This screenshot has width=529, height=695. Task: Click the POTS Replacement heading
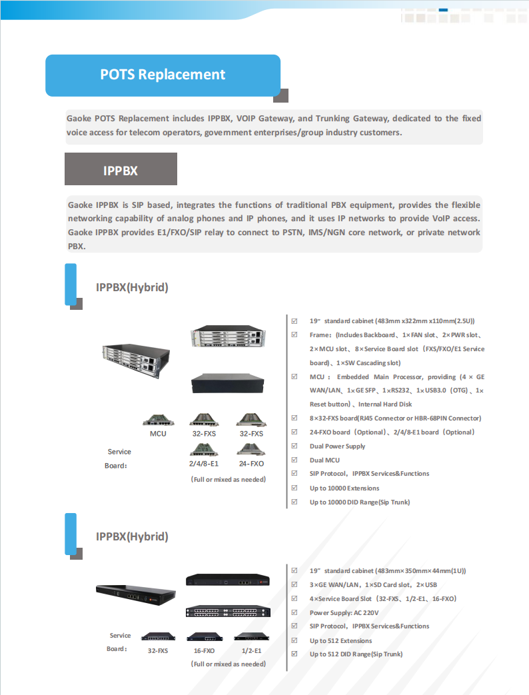pos(163,75)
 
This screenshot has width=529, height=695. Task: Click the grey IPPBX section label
pos(121,171)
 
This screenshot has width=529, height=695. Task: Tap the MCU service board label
pos(158,434)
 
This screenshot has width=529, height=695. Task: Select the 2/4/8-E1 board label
pos(204,463)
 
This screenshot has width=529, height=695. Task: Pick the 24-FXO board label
pos(251,463)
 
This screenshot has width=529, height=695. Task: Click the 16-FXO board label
pos(204,650)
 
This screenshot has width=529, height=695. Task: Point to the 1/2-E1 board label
pos(251,650)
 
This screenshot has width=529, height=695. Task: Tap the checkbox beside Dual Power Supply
pos(294,446)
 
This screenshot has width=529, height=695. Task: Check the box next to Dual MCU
pos(294,460)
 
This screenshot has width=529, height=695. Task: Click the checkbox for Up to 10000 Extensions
pos(294,488)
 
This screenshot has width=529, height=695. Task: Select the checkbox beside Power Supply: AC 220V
pos(294,612)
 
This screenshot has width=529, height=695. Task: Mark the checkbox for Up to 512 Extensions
pos(294,640)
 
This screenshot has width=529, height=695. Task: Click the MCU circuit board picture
pos(158,420)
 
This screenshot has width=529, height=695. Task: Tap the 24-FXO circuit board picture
pos(251,449)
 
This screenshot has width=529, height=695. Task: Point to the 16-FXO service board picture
pos(204,636)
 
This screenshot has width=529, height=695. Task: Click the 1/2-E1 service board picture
pos(251,636)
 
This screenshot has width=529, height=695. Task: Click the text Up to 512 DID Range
pos(356,654)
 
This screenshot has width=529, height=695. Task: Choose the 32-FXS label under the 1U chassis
pos(158,650)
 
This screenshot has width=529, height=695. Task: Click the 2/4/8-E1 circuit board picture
pos(204,449)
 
